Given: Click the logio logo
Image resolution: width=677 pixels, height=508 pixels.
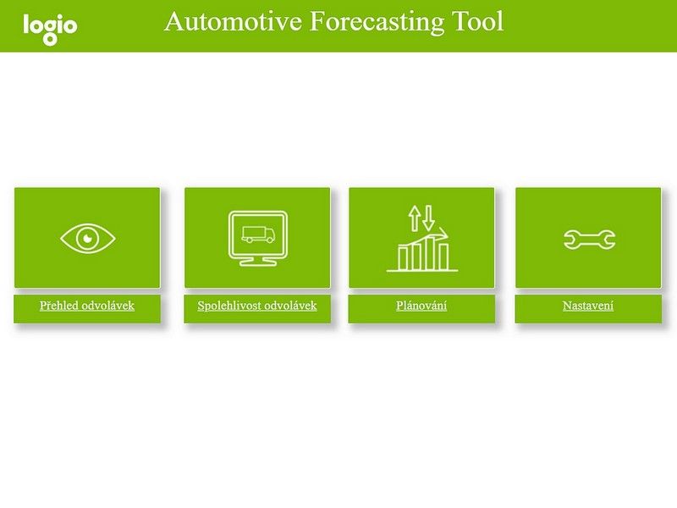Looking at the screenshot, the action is (50, 29).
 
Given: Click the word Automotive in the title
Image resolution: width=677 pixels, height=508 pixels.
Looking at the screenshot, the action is (233, 21).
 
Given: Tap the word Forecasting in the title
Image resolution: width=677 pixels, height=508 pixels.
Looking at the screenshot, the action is (377, 22).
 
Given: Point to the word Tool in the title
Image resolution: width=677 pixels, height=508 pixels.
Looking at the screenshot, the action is (477, 21).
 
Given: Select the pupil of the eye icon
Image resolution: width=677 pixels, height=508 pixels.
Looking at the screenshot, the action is (87, 238).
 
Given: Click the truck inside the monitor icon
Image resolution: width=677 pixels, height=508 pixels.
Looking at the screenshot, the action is (258, 235).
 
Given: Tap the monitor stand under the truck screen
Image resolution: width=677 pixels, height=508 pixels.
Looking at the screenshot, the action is (258, 261).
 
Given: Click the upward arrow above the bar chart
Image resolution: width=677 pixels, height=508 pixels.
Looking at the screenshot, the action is (415, 218).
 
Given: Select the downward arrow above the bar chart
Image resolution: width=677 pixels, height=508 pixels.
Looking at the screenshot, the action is (428, 218).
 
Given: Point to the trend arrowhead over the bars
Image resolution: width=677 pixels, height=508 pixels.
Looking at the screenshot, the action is (443, 234).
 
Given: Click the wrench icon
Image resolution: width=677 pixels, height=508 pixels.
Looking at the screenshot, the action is (589, 240).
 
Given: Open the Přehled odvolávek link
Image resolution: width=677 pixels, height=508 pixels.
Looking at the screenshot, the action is (87, 306).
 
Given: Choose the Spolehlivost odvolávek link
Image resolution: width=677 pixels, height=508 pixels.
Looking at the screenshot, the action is (257, 306).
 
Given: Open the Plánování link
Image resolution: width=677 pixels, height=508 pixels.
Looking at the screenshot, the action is (421, 306).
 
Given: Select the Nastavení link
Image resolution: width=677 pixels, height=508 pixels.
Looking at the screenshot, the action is (588, 306).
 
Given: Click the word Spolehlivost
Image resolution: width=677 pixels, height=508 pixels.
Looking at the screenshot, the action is (228, 306).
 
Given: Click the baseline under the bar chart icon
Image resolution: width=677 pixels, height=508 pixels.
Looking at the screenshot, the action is (422, 271).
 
